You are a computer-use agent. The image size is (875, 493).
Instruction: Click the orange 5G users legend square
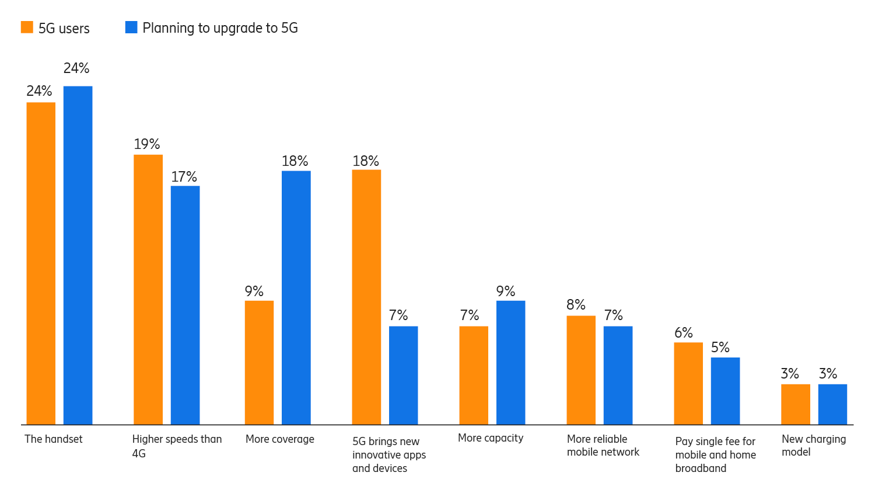pyautogui.click(x=27, y=27)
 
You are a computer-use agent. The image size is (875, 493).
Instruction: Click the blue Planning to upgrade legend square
pyautogui.click(x=131, y=27)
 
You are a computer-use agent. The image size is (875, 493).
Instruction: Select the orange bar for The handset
pyautogui.click(x=41, y=263)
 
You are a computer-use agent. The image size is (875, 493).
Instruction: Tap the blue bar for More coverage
pyautogui.click(x=296, y=297)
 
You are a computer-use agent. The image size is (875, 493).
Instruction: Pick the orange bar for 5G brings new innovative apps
pyautogui.click(x=366, y=297)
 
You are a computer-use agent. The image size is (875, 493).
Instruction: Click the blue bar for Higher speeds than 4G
pyautogui.click(x=185, y=305)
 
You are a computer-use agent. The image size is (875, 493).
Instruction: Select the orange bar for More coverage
pyautogui.click(x=259, y=362)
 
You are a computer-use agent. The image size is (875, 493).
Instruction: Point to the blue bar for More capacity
pyautogui.click(x=510, y=362)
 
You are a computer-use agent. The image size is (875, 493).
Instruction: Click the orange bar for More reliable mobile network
pyautogui.click(x=581, y=370)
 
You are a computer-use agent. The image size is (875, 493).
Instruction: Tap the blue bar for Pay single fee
pyautogui.click(x=725, y=391)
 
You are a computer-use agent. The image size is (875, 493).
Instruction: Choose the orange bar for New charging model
pyautogui.click(x=796, y=404)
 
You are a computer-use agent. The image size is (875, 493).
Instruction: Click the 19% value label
pyautogui.click(x=147, y=144)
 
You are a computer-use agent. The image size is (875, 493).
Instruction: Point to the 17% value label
pyautogui.click(x=184, y=177)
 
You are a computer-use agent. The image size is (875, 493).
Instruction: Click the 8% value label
pyautogui.click(x=576, y=305)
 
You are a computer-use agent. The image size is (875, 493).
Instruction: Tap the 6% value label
pyautogui.click(x=684, y=333)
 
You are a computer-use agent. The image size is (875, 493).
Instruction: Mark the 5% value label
pyautogui.click(x=720, y=348)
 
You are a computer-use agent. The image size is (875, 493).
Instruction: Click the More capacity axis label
pyautogui.click(x=491, y=438)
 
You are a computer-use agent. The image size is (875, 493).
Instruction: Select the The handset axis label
pyautogui.click(x=54, y=439)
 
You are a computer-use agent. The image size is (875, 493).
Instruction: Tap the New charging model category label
pyautogui.click(x=813, y=445)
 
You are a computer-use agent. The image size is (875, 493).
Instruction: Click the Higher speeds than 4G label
pyautogui.click(x=177, y=446)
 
